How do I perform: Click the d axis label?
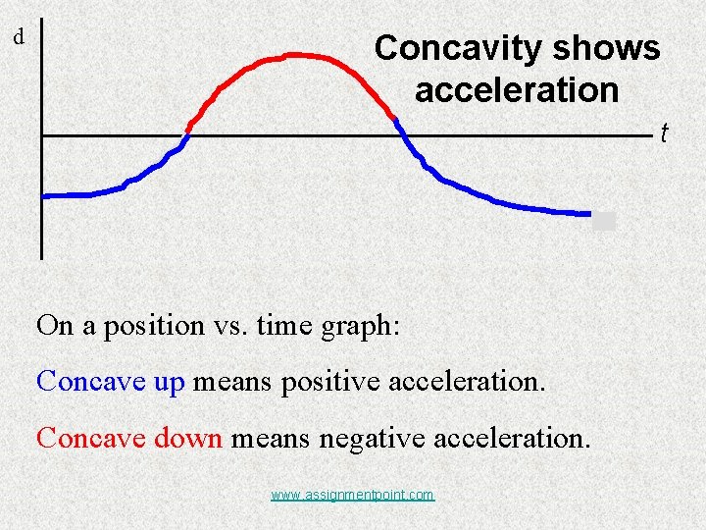point(18,38)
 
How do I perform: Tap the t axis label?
point(664,132)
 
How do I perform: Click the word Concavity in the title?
point(452,48)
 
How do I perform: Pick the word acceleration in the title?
point(517,90)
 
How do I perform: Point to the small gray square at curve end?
point(604,221)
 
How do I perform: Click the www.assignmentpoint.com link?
point(352,495)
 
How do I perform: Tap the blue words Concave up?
point(110,381)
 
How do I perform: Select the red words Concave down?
point(129,438)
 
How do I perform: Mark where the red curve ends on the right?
point(395,119)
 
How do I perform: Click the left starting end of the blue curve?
point(44,196)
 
